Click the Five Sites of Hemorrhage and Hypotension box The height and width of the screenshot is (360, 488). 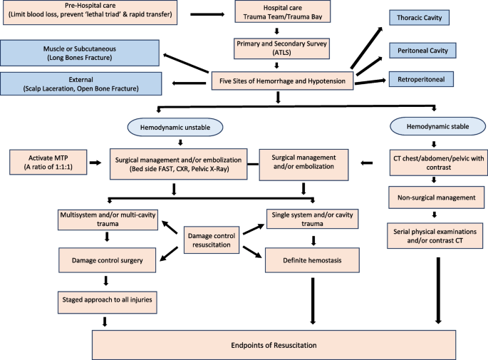pos(283,81)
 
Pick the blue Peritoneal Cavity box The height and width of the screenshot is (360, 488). pos(424,51)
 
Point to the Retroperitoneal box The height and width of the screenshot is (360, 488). pos(424,79)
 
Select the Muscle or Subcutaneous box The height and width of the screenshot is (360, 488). pos(81,51)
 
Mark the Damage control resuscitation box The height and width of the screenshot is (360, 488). pos(212,239)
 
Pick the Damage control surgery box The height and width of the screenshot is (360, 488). pos(107,261)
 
